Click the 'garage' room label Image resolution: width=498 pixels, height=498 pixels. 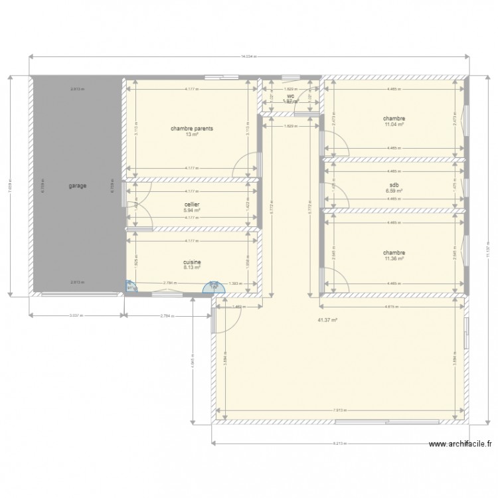[77, 187]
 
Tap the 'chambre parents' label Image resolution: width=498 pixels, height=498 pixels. [192, 129]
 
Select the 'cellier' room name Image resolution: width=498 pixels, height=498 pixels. [192, 205]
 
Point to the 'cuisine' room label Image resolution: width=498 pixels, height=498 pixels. [192, 262]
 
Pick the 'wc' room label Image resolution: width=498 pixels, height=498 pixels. [290, 97]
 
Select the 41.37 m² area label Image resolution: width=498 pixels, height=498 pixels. [328, 319]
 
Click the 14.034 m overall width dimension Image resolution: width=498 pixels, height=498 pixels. [250, 57]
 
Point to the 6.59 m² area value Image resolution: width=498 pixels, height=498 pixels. [394, 192]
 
